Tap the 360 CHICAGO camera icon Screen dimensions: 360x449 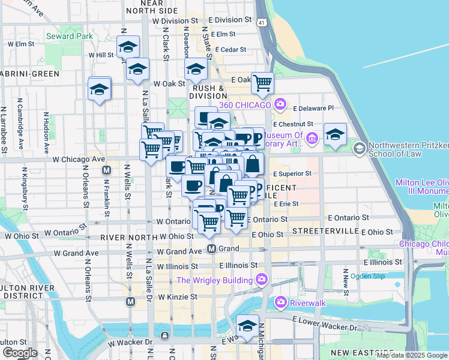click(x=280, y=105)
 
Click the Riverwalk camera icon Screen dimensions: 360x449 click(x=280, y=303)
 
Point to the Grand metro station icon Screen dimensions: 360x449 click(x=212, y=248)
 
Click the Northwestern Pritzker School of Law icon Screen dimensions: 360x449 click(x=359, y=148)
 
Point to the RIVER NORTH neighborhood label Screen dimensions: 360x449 click(x=125, y=237)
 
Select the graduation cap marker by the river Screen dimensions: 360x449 click(x=247, y=326)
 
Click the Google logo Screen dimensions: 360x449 click(x=19, y=352)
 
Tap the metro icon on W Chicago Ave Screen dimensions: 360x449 click(x=106, y=170)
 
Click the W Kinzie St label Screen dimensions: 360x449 click(x=178, y=297)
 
